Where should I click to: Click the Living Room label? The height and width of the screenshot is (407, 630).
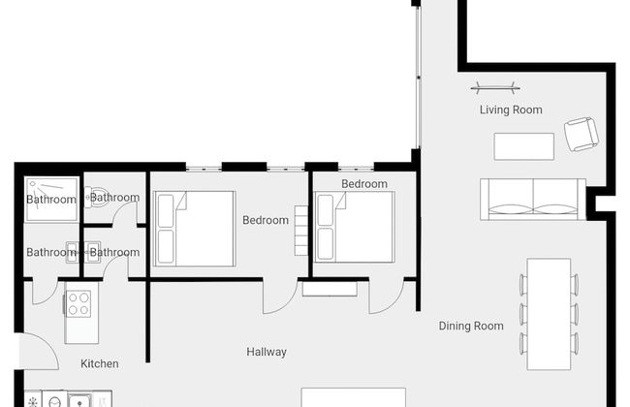click(511, 110)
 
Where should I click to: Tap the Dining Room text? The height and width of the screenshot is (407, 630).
click(471, 327)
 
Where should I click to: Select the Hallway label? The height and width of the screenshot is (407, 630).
click(266, 352)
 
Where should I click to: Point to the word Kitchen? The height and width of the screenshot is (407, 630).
click(100, 363)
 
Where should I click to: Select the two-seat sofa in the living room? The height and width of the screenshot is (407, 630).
click(532, 198)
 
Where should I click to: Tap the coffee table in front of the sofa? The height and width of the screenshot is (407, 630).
click(523, 146)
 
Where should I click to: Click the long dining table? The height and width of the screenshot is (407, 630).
click(549, 313)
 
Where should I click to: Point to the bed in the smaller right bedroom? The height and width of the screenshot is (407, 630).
click(354, 225)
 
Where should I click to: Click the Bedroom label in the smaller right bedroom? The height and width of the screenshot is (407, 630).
click(364, 184)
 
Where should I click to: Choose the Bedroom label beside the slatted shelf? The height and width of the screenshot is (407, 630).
click(265, 220)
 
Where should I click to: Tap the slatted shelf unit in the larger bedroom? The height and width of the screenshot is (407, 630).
click(300, 235)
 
